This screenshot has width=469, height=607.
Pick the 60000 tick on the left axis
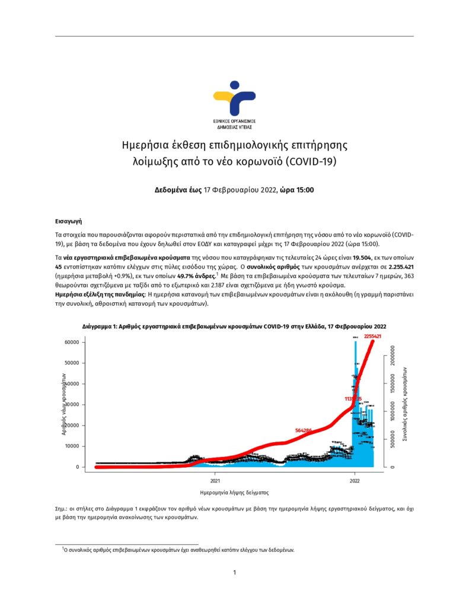click(72, 342)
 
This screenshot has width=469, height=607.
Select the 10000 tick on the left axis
click(72, 446)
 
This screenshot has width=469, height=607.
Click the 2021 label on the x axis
click(215, 481)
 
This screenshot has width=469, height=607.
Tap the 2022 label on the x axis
click(355, 481)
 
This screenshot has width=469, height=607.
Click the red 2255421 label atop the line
click(372, 336)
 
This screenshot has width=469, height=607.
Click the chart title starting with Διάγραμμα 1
click(234, 327)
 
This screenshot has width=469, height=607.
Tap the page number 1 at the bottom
click(234, 572)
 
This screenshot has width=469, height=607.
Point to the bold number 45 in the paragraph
click(59, 267)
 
